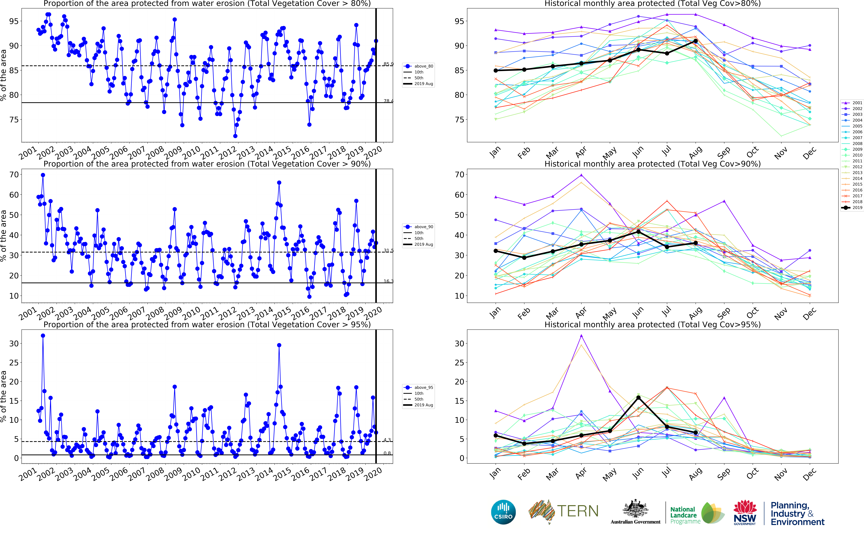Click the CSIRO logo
coord(503,512)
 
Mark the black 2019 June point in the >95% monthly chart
coord(638,398)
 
